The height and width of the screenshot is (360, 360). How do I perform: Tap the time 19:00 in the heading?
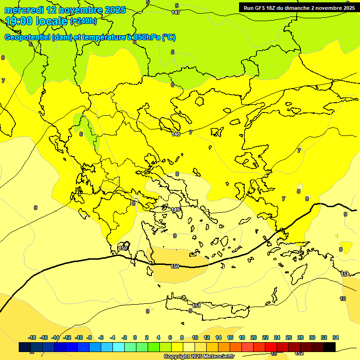(x=19, y=21)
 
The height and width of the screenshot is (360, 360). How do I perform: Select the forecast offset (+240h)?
(x=83, y=21)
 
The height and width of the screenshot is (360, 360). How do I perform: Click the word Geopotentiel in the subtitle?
(x=27, y=37)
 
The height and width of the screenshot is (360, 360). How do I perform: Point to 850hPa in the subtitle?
(x=147, y=37)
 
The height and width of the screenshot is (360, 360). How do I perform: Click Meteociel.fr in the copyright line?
(x=217, y=357)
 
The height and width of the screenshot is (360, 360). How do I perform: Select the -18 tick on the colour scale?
(x=32, y=337)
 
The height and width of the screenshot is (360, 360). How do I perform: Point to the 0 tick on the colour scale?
(x=135, y=337)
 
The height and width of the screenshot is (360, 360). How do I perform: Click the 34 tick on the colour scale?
(x=336, y=337)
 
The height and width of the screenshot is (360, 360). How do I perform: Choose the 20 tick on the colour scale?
(x=254, y=337)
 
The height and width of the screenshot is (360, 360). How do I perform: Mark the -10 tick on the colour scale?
(x=79, y=337)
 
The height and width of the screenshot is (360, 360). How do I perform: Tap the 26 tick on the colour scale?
(x=289, y=337)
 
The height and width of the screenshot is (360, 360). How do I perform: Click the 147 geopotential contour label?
(x=176, y=12)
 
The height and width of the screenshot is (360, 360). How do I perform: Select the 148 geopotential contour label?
(x=176, y=134)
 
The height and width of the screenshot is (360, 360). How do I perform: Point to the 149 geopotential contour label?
(x=176, y=210)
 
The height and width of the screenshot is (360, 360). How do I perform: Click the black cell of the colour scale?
(x=330, y=347)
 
